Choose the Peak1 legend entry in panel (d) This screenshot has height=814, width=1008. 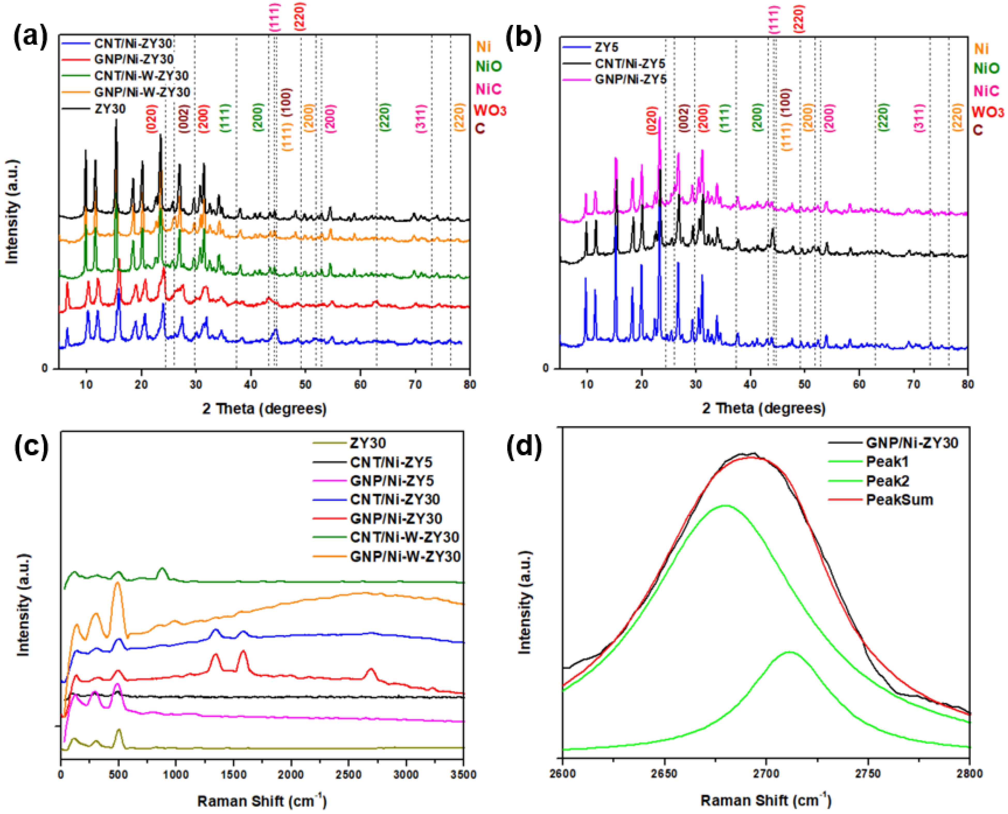(887, 462)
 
